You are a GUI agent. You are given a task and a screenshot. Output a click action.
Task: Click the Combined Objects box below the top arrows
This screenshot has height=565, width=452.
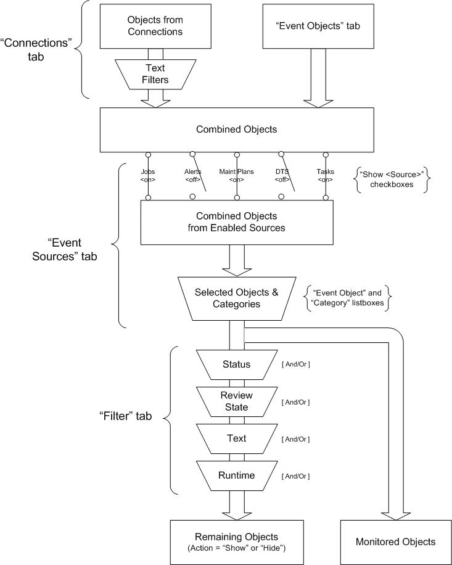click(236, 130)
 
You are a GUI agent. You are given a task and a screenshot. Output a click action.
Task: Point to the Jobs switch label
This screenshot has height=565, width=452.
click(148, 175)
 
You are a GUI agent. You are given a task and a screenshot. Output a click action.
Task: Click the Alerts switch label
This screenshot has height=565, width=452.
click(192, 175)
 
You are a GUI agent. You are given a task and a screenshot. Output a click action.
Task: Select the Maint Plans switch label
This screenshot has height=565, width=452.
click(237, 175)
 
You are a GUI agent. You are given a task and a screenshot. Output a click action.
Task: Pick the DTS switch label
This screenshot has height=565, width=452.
click(281, 175)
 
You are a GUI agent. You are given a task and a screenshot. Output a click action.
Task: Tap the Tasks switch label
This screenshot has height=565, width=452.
click(326, 175)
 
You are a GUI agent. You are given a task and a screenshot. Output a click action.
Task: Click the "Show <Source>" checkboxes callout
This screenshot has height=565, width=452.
click(393, 179)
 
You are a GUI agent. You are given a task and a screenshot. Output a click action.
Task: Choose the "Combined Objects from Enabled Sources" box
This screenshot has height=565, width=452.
click(236, 222)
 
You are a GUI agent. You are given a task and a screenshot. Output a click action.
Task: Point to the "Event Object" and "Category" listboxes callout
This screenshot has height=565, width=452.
click(348, 298)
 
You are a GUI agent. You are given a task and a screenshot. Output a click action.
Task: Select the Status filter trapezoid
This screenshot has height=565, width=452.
click(236, 364)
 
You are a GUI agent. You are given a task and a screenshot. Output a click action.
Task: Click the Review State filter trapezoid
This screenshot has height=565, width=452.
click(236, 401)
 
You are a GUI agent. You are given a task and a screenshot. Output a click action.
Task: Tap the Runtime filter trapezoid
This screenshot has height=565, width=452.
click(236, 476)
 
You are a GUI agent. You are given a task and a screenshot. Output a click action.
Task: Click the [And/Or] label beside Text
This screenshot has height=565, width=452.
click(295, 439)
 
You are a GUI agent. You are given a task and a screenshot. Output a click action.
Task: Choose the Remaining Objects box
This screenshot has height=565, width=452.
click(236, 541)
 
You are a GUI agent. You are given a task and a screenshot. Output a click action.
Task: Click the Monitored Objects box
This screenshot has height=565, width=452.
click(395, 542)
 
